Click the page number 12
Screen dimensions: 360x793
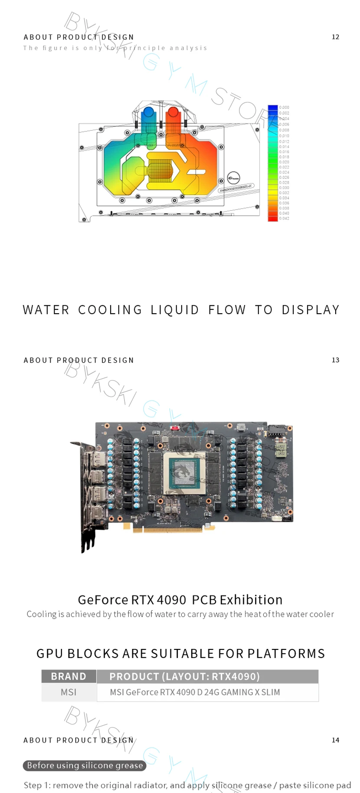click(335, 37)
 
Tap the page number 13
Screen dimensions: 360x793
click(335, 360)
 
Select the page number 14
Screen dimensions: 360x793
click(335, 740)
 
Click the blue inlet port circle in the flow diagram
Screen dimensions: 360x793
click(148, 112)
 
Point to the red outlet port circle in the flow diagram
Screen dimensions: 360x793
click(173, 112)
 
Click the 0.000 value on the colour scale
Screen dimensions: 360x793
click(284, 107)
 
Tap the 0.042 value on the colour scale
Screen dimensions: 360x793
click(284, 219)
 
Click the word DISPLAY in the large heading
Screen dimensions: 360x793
click(311, 310)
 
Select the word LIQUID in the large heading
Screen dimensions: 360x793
click(175, 310)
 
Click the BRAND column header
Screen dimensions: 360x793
click(69, 676)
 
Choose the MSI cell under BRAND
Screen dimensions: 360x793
click(69, 692)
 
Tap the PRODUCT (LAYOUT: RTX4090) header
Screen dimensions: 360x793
click(184, 676)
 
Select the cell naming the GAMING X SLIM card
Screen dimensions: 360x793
click(195, 692)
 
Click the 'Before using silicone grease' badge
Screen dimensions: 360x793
click(85, 766)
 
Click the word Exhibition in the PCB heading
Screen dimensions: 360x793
click(251, 600)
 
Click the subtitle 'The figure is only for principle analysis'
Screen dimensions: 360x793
click(115, 48)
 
